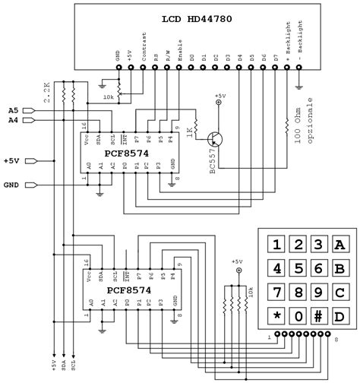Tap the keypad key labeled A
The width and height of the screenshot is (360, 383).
tap(341, 244)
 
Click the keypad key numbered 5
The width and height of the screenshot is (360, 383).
tap(300, 268)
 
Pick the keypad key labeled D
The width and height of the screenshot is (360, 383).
tap(341, 315)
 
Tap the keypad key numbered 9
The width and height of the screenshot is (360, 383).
tap(321, 292)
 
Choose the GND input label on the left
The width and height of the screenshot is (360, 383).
tap(12, 185)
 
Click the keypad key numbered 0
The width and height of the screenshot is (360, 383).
tap(300, 315)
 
